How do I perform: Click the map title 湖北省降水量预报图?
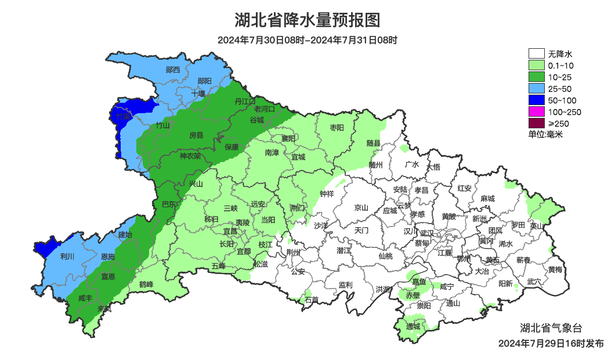pos(307,21)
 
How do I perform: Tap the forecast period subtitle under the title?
pos(307,41)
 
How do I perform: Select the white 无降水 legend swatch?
pos(536,54)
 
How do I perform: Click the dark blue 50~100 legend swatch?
pos(536,100)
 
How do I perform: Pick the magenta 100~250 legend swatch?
pos(536,111)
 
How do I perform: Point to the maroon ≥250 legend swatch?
pos(536,123)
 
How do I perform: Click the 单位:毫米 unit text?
pos(545,134)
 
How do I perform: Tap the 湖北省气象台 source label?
pos(550,327)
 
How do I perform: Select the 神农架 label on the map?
pos(190,156)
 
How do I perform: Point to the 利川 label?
pos(67,255)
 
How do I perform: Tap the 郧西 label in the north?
pos(173,70)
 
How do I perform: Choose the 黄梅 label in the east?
pos(555,269)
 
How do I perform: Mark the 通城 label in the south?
pos(413,326)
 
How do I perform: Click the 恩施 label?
pos(108,256)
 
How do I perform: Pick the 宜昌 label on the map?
pos(230,231)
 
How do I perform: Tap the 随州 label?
pos(376,165)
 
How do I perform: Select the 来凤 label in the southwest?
pos(104,308)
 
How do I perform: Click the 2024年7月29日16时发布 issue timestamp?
pos(551,344)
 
